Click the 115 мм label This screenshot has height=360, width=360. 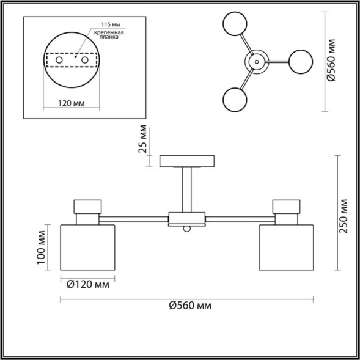tap(111, 24)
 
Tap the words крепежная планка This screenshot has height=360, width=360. tap(109, 34)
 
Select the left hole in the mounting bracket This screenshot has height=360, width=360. tap(59, 60)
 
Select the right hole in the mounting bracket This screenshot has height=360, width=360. tap(85, 60)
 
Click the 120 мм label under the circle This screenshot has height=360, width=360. tap(71, 103)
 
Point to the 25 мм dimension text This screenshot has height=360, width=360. tap(143, 139)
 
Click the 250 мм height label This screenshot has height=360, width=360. tap(343, 216)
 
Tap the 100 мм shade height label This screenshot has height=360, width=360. tap(42, 248)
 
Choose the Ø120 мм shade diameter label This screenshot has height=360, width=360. tap(88, 285)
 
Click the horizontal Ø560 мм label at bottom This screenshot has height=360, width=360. tap(190, 306)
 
